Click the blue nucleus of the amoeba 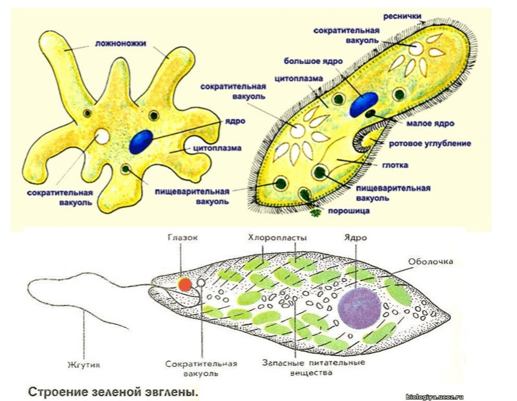(x=142, y=141)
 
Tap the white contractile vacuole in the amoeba (x=102, y=137)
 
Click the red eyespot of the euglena (x=184, y=284)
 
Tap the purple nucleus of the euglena (x=359, y=307)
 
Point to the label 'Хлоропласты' (x=278, y=238)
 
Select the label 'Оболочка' (x=431, y=261)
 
